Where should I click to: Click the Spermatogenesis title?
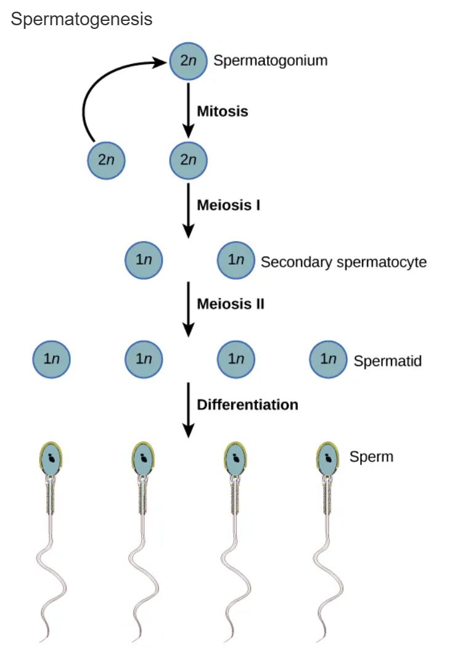(81, 20)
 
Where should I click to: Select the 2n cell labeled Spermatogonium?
(188, 61)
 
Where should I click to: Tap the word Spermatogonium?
(270, 60)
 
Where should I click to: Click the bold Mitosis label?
(222, 111)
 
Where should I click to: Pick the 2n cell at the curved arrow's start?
(106, 160)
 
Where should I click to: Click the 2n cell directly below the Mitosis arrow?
(188, 160)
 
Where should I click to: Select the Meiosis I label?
(228, 205)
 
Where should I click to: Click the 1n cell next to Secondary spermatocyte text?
(236, 260)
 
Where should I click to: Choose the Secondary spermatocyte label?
(344, 262)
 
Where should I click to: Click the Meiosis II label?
(230, 304)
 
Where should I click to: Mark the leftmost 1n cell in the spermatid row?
(52, 359)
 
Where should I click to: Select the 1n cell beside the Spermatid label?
(328, 359)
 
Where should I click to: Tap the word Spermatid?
(387, 361)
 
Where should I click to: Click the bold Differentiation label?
(247, 405)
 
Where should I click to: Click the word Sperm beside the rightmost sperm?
(371, 457)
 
